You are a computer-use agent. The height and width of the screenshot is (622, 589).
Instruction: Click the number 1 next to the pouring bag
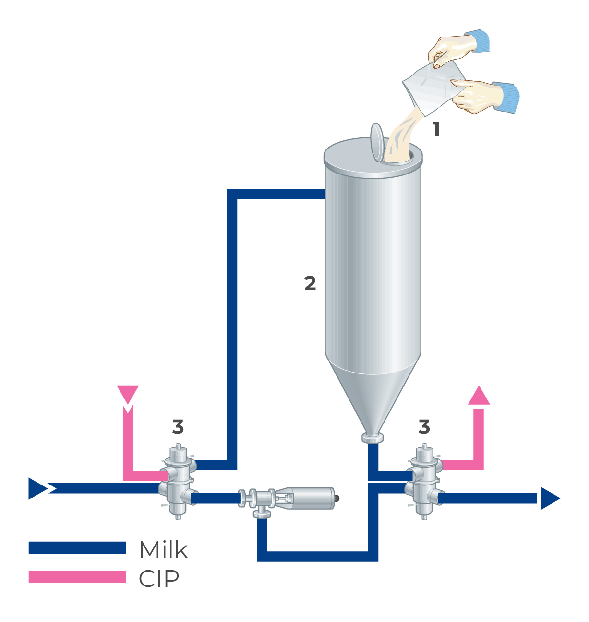pos(436,129)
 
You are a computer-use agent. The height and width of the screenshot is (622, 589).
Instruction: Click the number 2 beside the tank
pos(310,284)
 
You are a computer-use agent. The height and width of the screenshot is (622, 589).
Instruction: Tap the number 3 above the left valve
pos(178,427)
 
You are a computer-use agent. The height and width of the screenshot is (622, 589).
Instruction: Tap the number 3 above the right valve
pos(424,426)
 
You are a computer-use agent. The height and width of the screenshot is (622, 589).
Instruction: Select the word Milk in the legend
pos(163,550)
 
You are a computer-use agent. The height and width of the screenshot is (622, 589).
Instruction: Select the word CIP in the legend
pos(159,579)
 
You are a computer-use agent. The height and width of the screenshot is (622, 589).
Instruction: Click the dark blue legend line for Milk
pos(77,547)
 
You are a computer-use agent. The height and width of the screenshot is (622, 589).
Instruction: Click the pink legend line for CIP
pos(77,576)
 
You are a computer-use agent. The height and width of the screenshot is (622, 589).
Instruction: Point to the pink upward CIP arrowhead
pos(479,396)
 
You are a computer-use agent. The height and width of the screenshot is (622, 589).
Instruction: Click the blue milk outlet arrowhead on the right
pos(550,498)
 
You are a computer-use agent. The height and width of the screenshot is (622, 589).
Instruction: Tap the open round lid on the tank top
pos(377,142)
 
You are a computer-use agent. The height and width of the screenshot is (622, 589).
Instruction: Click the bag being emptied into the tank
pos(432,89)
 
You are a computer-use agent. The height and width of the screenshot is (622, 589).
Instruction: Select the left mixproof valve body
pos(177,483)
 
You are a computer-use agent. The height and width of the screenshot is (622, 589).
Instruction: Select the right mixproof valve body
pos(424,483)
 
